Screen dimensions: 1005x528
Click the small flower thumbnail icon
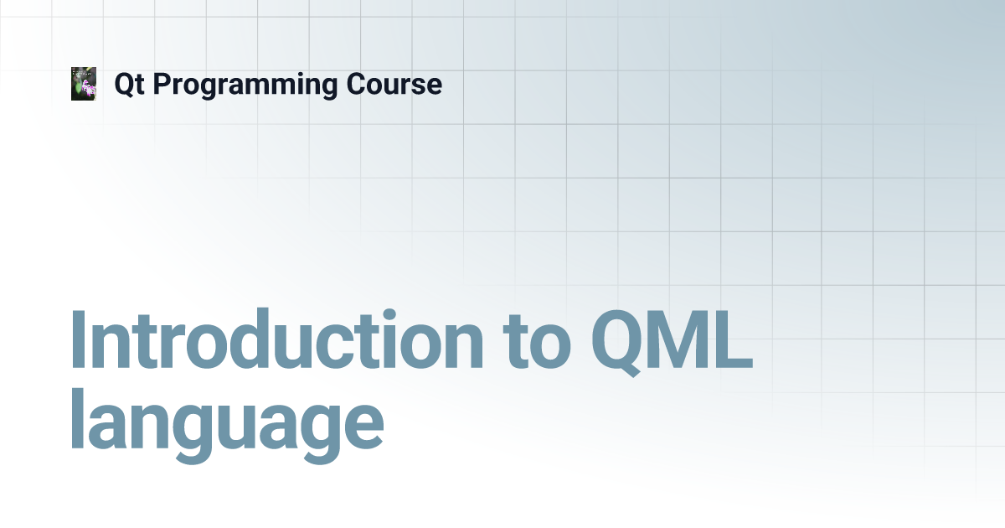tap(84, 84)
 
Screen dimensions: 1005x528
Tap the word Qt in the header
tap(130, 85)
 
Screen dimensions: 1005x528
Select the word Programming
tap(245, 85)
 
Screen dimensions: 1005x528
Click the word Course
tap(394, 85)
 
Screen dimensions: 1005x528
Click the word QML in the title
tap(672, 343)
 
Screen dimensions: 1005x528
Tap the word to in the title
tap(537, 344)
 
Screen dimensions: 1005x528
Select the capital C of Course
tap(357, 84)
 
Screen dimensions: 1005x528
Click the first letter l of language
tap(78, 418)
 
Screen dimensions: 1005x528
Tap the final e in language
tap(363, 426)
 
